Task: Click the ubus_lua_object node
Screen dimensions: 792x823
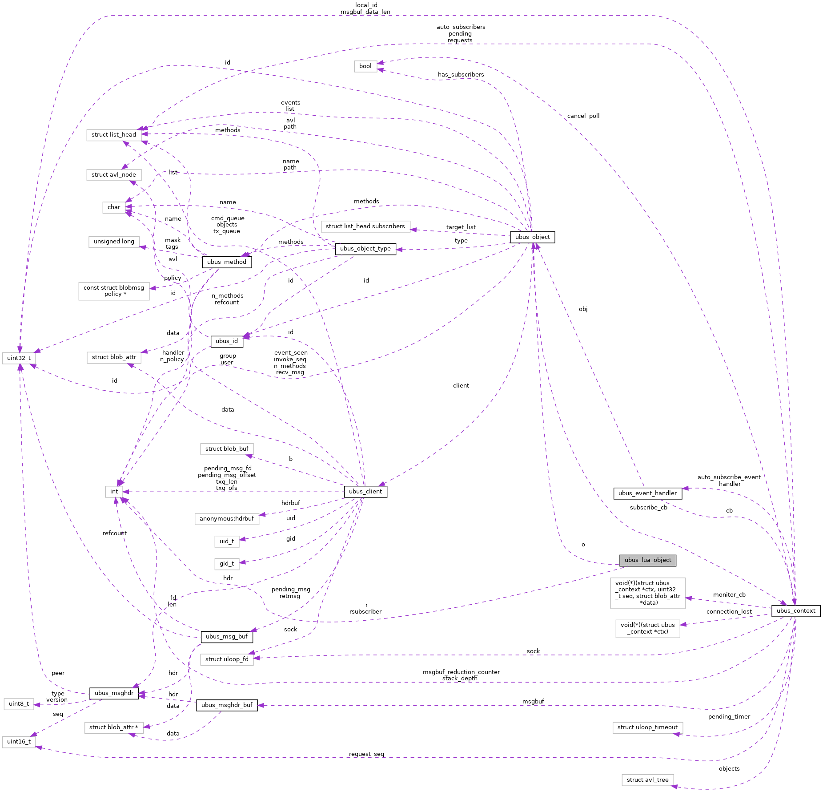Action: click(647, 560)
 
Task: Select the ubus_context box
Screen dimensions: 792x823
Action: click(795, 611)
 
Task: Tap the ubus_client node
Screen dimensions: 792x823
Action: click(365, 492)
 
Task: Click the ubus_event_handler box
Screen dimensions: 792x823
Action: click(647, 493)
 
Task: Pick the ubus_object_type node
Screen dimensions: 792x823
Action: click(365, 249)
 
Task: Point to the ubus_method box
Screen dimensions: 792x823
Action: click(226, 262)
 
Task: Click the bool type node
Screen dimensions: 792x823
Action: click(365, 66)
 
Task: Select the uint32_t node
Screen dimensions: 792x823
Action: click(19, 358)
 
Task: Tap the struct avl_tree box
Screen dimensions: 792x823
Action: click(647, 780)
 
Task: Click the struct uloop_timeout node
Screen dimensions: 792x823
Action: click(647, 727)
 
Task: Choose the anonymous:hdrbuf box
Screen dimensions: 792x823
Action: click(226, 519)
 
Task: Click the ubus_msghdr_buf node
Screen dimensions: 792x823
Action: click(226, 705)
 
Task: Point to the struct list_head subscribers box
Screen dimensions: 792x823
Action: click(365, 226)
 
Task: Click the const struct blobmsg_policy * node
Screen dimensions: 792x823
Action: click(114, 291)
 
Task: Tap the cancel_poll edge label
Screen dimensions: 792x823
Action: click(583, 116)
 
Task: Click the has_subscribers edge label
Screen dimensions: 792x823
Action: click(461, 75)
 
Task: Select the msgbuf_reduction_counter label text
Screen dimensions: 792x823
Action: click(461, 672)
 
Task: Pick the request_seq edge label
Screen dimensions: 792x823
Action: click(366, 754)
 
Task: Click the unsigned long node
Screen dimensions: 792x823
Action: click(114, 242)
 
